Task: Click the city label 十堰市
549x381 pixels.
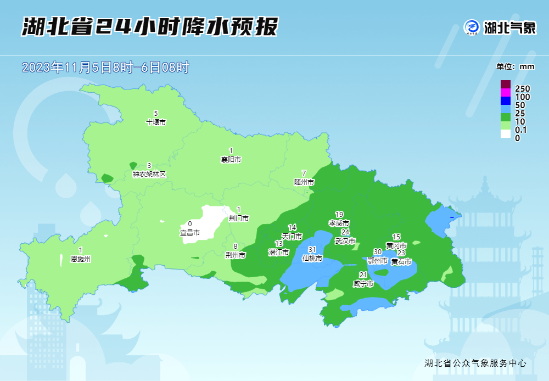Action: pos(156,122)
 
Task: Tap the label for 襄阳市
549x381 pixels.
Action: pos(231,160)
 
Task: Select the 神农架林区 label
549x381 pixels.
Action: pos(149,174)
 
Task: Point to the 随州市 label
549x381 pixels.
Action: pos(304,182)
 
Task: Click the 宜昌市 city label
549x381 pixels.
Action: pos(190,232)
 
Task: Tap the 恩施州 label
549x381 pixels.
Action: pos(81,259)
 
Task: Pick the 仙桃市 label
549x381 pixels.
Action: pos(312,258)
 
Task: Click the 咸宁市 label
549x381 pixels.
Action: pos(363,284)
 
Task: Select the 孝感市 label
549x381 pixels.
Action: pos(339,223)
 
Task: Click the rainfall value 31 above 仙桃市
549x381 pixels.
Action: pos(312,250)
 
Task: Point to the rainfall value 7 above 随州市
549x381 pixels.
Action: pos(304,173)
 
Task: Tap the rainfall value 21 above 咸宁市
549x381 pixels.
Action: pos(363,275)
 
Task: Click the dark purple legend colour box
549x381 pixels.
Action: pos(506,85)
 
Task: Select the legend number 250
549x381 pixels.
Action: pos(522,89)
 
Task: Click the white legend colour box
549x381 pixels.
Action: pos(506,134)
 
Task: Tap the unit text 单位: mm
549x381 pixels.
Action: pos(516,66)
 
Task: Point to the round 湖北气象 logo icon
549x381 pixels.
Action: pos(472,27)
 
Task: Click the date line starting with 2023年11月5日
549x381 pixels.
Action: pos(105,68)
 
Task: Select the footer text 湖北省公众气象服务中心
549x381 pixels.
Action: pos(475,363)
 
